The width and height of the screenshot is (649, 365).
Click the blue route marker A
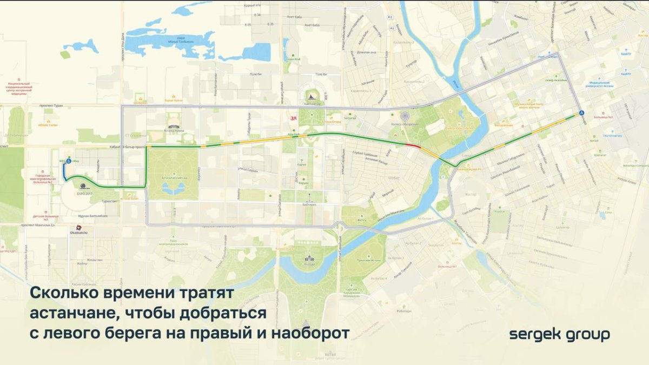pos(581,112)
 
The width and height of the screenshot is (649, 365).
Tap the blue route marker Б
pos(69,161)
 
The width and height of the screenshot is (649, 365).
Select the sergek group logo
pos(559,334)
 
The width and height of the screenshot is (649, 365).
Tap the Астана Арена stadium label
pos(175,131)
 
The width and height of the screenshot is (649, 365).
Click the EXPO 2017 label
pos(85,193)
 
